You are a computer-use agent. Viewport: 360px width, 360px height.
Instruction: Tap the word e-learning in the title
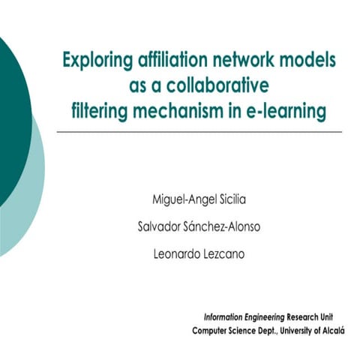click(x=290, y=110)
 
